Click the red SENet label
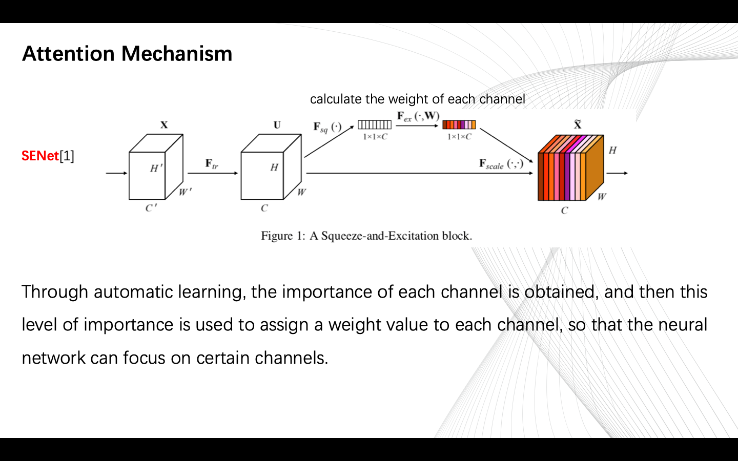click(x=40, y=156)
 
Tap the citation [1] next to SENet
click(x=67, y=156)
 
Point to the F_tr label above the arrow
click(x=212, y=163)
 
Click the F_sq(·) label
click(x=327, y=127)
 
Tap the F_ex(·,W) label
click(x=418, y=117)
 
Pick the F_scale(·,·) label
click(x=501, y=164)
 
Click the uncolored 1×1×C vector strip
click(x=375, y=124)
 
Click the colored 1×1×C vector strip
click(x=459, y=124)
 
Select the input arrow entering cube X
click(x=116, y=173)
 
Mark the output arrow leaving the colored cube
click(x=617, y=173)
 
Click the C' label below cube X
click(x=151, y=208)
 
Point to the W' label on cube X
click(x=185, y=192)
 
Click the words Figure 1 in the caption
click(x=283, y=236)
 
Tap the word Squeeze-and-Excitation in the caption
click(x=380, y=236)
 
